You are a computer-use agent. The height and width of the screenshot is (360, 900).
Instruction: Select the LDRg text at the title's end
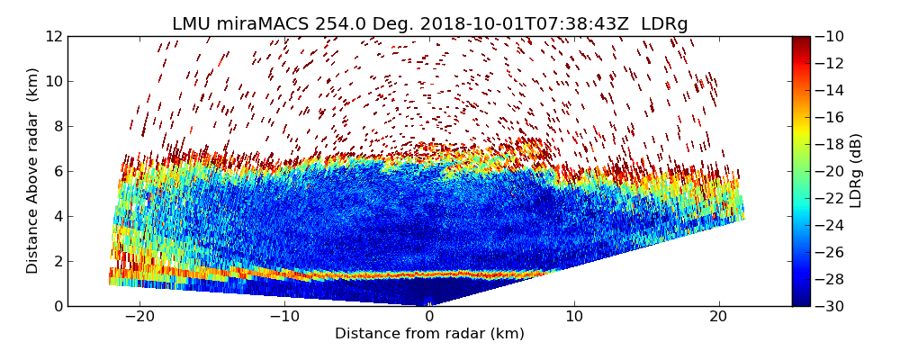[x=664, y=24]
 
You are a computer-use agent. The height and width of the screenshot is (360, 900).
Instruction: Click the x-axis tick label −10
[x=284, y=317]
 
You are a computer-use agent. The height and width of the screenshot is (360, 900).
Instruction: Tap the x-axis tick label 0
[x=429, y=317]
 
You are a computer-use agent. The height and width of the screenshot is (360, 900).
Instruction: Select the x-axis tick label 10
[x=574, y=317]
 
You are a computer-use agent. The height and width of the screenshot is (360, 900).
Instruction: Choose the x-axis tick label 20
[x=719, y=317]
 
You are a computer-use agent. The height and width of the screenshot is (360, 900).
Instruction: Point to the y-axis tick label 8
[x=58, y=126]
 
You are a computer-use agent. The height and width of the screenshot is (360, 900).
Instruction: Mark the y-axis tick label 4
[x=58, y=216]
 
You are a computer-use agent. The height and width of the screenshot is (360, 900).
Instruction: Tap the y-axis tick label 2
[x=58, y=261]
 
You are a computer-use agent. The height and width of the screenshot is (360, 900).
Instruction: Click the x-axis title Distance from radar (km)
[x=429, y=334]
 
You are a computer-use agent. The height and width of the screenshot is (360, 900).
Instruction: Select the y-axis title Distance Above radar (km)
[x=33, y=171]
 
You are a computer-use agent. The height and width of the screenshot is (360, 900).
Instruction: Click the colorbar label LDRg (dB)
[x=856, y=171]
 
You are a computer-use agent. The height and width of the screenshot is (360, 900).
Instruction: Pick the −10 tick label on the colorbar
[x=829, y=36]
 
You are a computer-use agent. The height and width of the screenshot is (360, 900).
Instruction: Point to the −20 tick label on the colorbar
[x=829, y=171]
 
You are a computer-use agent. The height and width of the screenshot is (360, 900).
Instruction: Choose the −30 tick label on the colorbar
[x=829, y=306]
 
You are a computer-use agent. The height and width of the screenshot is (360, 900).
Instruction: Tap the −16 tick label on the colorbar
[x=829, y=117]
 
